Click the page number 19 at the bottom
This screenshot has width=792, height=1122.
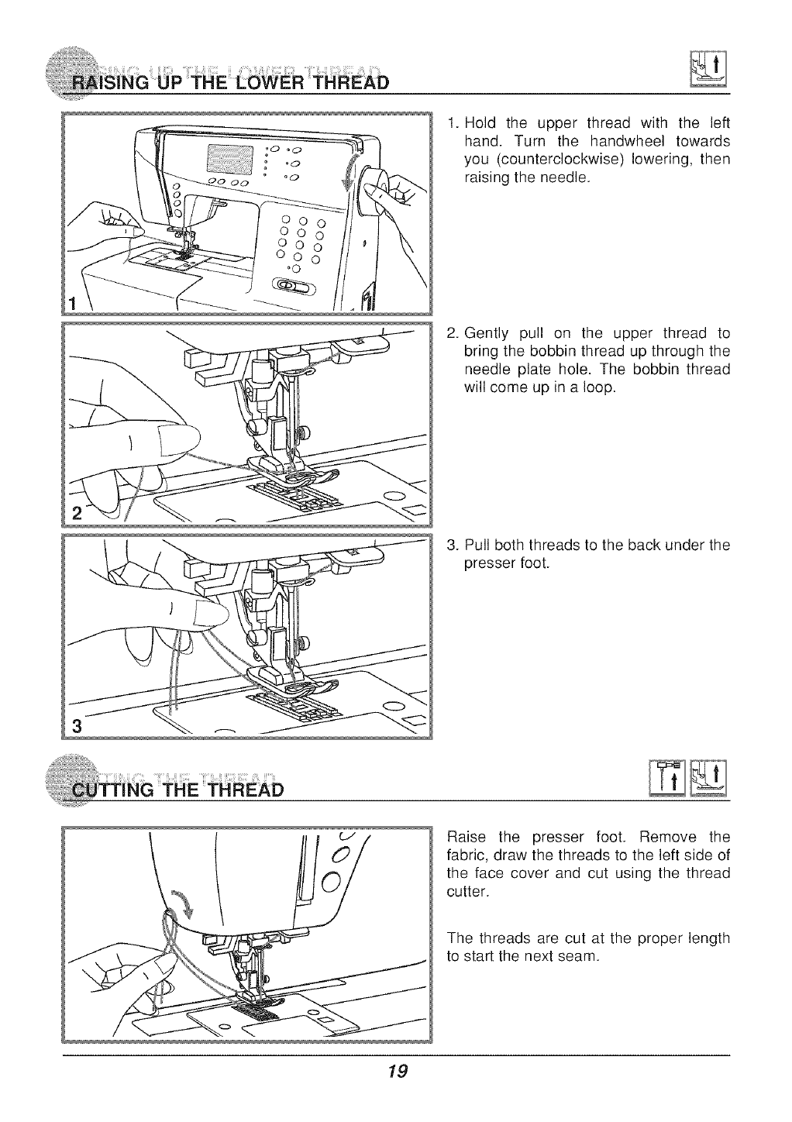[x=398, y=1072]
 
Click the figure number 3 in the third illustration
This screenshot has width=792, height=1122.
[x=76, y=726]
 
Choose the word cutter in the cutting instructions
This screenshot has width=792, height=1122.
[x=468, y=893]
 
